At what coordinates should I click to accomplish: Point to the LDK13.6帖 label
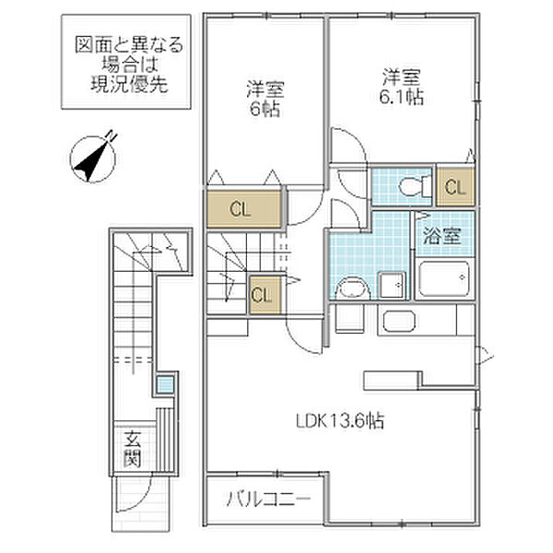(340, 421)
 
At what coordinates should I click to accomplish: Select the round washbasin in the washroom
(350, 289)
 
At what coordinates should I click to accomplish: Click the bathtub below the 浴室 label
(444, 278)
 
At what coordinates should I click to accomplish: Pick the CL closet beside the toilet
(453, 187)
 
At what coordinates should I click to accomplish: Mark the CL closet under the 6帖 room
(241, 208)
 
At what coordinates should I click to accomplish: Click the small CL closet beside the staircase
(262, 294)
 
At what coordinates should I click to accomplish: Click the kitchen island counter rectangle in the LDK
(394, 379)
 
